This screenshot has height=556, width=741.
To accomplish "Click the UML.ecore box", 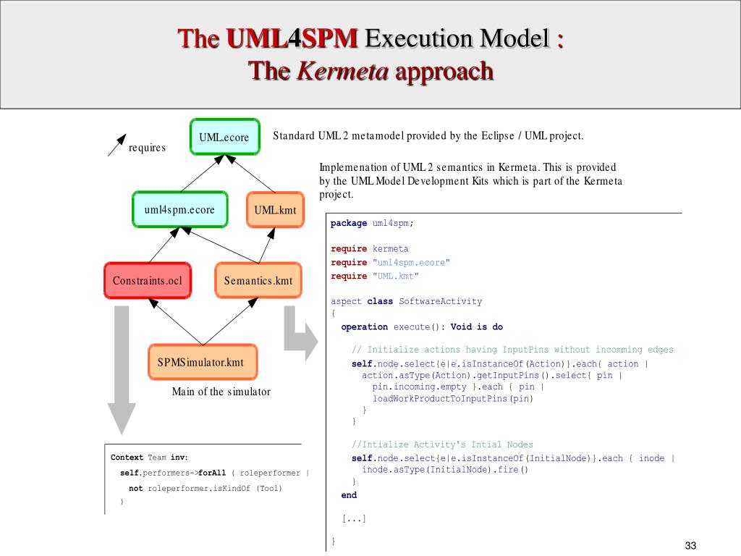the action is (224, 137).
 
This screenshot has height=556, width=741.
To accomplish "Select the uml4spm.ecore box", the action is (179, 210).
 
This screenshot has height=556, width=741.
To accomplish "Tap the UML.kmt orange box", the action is (275, 210).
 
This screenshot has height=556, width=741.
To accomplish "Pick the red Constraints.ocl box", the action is (148, 280).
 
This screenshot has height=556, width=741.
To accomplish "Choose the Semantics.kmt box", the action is (258, 280).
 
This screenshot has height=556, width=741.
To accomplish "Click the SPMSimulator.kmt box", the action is (200, 362).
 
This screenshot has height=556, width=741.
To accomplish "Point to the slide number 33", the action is (690, 545).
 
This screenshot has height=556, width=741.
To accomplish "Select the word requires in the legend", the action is (147, 148).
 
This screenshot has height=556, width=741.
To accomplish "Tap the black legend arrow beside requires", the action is (116, 145).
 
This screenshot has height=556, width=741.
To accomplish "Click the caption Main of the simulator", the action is (221, 392).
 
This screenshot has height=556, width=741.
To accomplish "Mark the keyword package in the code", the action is (349, 223).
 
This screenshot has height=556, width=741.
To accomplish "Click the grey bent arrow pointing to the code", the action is (298, 333).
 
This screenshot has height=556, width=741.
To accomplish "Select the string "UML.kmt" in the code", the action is (396, 276).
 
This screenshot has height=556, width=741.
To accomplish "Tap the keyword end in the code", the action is (349, 495).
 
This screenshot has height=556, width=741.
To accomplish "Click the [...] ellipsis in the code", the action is (354, 518).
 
